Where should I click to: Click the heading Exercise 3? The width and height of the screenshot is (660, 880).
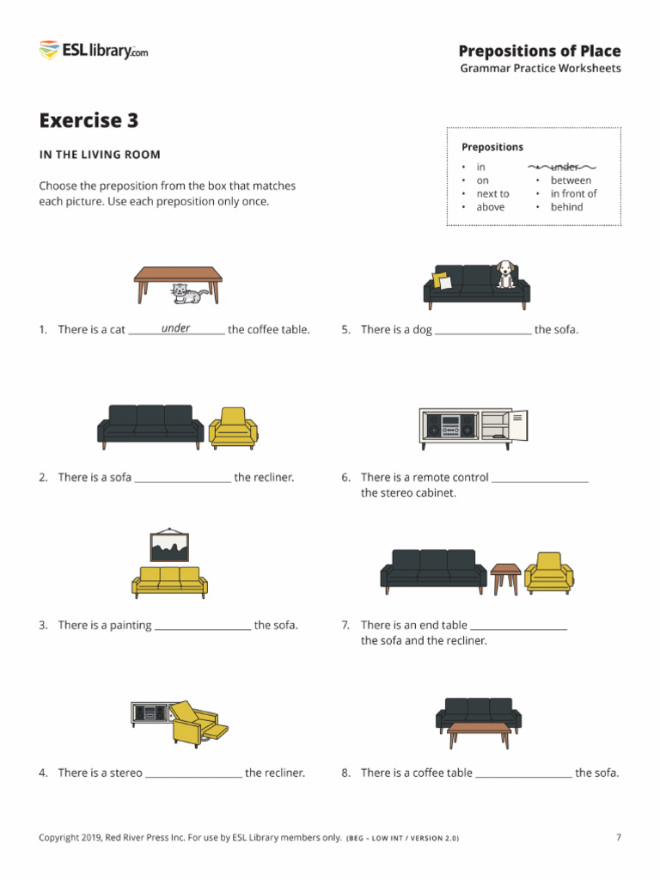tap(88, 120)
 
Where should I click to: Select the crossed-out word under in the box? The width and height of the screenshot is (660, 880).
tap(565, 167)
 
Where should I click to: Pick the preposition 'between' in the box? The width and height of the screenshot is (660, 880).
tap(571, 180)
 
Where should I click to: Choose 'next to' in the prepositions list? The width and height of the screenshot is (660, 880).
tap(492, 193)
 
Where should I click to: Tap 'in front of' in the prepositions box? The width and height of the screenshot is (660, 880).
tap(573, 193)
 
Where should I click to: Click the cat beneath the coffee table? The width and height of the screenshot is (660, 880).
tap(187, 294)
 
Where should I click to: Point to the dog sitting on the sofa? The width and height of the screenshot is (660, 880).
tap(505, 274)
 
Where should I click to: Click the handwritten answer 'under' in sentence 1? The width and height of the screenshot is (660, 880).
tap(175, 328)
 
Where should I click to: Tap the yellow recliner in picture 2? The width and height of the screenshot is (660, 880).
tap(233, 426)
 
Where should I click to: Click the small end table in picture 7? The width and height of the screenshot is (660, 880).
tap(505, 577)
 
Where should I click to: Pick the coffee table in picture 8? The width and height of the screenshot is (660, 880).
tap(479, 733)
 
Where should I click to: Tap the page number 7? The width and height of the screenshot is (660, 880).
tap(618, 837)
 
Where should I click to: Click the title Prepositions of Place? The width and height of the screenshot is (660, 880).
tap(539, 51)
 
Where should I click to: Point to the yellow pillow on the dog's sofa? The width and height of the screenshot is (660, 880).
tap(443, 281)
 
